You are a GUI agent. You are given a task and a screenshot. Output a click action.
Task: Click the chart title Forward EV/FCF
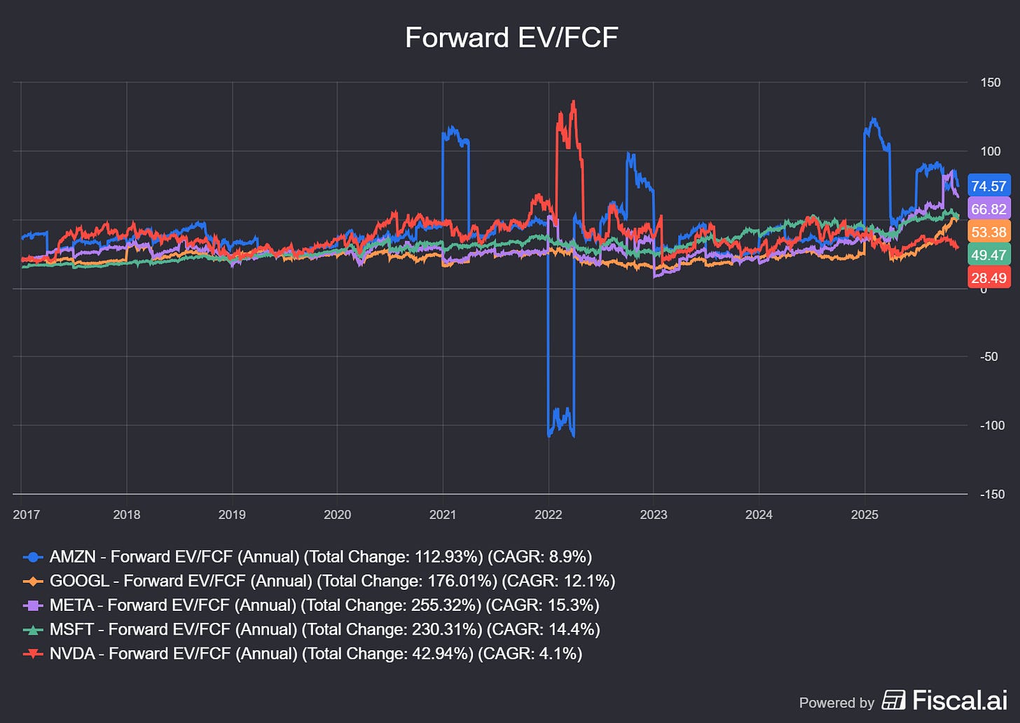511,38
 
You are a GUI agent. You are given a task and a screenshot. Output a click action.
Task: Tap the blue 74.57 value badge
988,186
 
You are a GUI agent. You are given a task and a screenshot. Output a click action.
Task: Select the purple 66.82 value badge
988,209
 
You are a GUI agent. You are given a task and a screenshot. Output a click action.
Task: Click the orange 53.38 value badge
988,233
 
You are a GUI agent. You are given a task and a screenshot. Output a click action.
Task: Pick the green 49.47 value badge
988,255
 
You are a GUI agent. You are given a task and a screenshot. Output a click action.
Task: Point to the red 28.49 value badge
988,278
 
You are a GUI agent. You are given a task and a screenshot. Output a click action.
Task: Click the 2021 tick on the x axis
443,515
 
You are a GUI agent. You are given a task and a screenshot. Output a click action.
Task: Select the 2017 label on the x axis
27,515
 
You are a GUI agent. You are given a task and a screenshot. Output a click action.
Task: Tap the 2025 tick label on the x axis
864,515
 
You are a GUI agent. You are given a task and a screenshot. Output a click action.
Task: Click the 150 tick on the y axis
991,83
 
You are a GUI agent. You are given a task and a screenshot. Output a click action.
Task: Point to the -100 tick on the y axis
992,425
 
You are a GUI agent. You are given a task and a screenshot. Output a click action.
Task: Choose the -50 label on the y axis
989,357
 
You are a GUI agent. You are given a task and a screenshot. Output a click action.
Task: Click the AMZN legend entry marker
34,558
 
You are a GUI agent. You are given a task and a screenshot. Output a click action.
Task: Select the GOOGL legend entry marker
34,581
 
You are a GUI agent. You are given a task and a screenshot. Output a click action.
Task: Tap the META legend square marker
34,605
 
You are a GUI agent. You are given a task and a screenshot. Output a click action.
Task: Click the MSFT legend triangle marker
34,630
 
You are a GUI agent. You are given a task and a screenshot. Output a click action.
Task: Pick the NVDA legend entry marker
34,654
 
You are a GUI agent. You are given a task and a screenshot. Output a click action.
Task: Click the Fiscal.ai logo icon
893,700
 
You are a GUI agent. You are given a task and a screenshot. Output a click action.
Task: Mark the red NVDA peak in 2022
574,102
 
